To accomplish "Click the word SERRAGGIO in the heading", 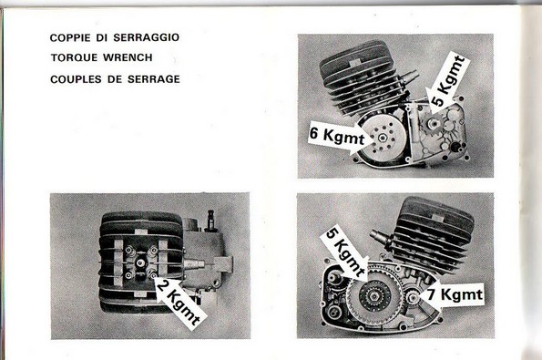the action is coord(147,37).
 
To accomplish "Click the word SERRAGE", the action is coord(154,79).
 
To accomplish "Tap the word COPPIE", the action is coord(70,37).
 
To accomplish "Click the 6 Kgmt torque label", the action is coord(337,134).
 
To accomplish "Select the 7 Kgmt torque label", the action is coord(455,294).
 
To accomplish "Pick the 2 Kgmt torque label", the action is coord(179,302).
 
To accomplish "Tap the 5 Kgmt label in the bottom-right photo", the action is coord(345,252).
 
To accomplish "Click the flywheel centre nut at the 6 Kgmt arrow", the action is coord(382,139).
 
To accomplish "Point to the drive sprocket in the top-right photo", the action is coord(432,123).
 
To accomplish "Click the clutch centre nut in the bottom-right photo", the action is coord(375,296).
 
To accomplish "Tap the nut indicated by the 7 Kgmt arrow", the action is coord(413,297).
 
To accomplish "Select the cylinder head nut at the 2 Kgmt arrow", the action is coord(151,274).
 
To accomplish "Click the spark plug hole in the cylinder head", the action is coord(140,263).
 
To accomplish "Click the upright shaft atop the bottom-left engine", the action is coord(210,221).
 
